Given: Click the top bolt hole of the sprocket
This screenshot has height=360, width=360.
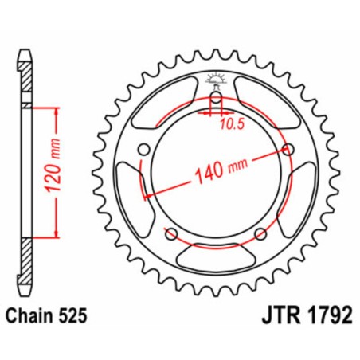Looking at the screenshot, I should (215, 98).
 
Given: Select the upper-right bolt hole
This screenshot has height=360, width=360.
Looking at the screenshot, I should (287, 149).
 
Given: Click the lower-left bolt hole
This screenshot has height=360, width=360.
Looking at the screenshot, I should (170, 233).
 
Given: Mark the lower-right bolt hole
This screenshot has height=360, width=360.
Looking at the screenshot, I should (260, 233).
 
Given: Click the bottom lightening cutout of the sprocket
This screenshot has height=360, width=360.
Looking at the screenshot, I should (215, 256).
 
